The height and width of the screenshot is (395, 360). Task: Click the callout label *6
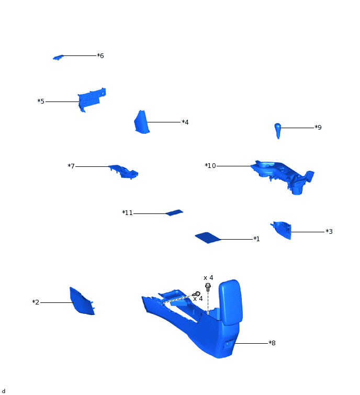(x=100, y=55)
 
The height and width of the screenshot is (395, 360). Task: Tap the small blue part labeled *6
(x=58, y=57)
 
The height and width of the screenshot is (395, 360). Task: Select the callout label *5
(x=41, y=101)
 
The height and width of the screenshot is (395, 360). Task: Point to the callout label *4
(x=185, y=122)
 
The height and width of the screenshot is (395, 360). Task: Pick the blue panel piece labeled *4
(x=141, y=122)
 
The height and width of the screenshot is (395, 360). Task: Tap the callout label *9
(x=318, y=128)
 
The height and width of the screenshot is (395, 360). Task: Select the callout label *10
(x=210, y=166)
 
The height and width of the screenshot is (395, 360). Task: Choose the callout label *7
(x=71, y=166)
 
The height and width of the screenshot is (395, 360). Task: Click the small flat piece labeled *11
(x=174, y=212)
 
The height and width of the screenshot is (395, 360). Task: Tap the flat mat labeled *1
(x=208, y=238)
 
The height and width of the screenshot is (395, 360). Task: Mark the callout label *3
(x=329, y=232)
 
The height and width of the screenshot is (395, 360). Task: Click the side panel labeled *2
(x=81, y=302)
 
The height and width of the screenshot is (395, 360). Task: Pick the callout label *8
(x=272, y=343)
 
